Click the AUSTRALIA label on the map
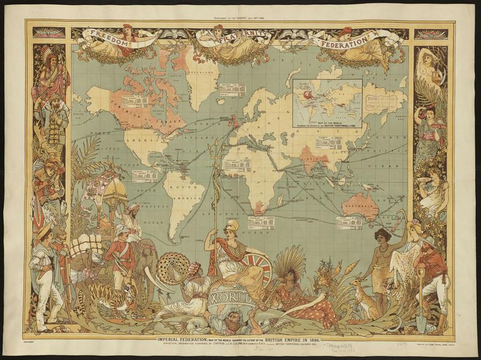point(360,205)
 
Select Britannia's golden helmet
point(232,226)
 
